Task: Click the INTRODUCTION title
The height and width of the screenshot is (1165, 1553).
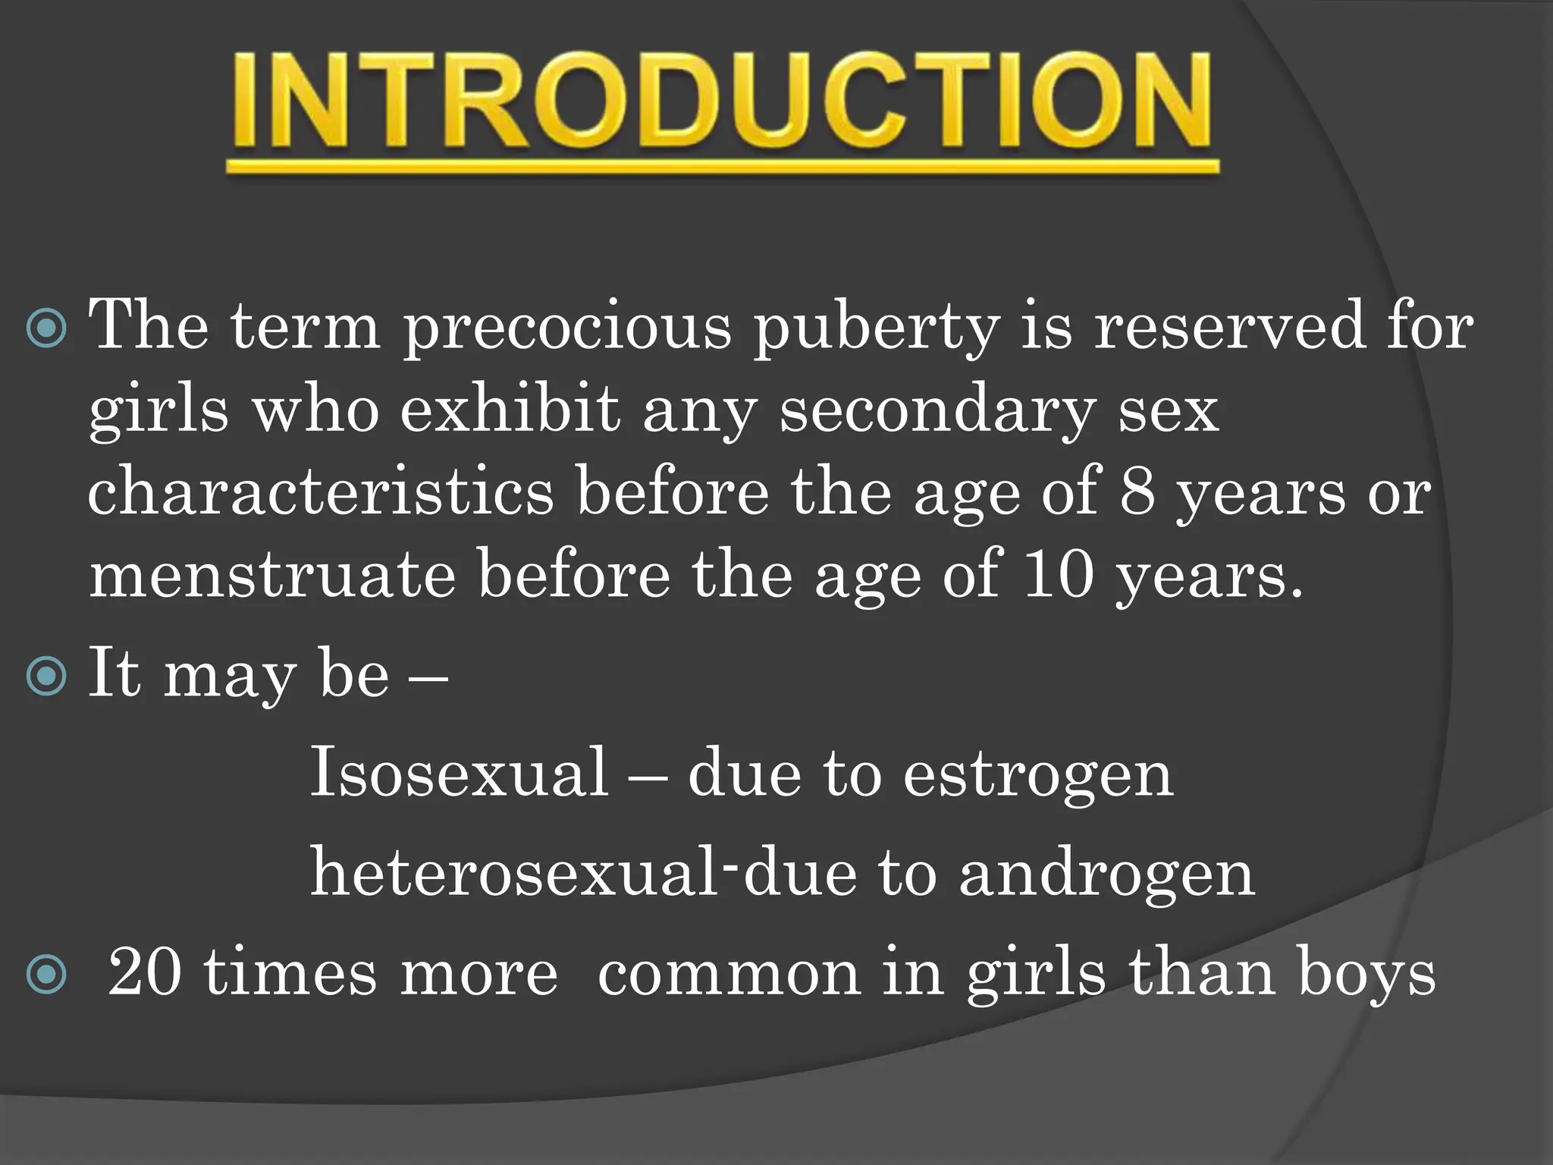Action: coord(722,100)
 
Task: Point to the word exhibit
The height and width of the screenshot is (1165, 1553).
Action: coord(510,410)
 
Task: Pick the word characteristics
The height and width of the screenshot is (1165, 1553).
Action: coord(320,493)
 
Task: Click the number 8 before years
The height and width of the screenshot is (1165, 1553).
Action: coord(1137,493)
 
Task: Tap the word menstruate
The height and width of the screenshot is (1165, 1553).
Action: coord(272,575)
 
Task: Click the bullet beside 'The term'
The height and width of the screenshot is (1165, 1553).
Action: coord(46,328)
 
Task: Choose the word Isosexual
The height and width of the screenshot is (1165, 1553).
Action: coord(460,772)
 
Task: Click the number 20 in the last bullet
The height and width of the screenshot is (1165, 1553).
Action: coord(144,973)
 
